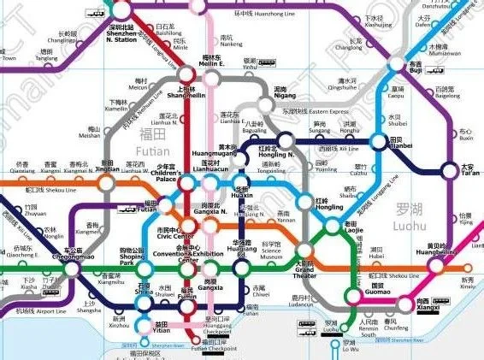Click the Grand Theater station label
pyautogui.click(x=306, y=273)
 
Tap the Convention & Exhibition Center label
pyautogui.click(x=196, y=255)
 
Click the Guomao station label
pyautogui.click(x=368, y=293)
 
